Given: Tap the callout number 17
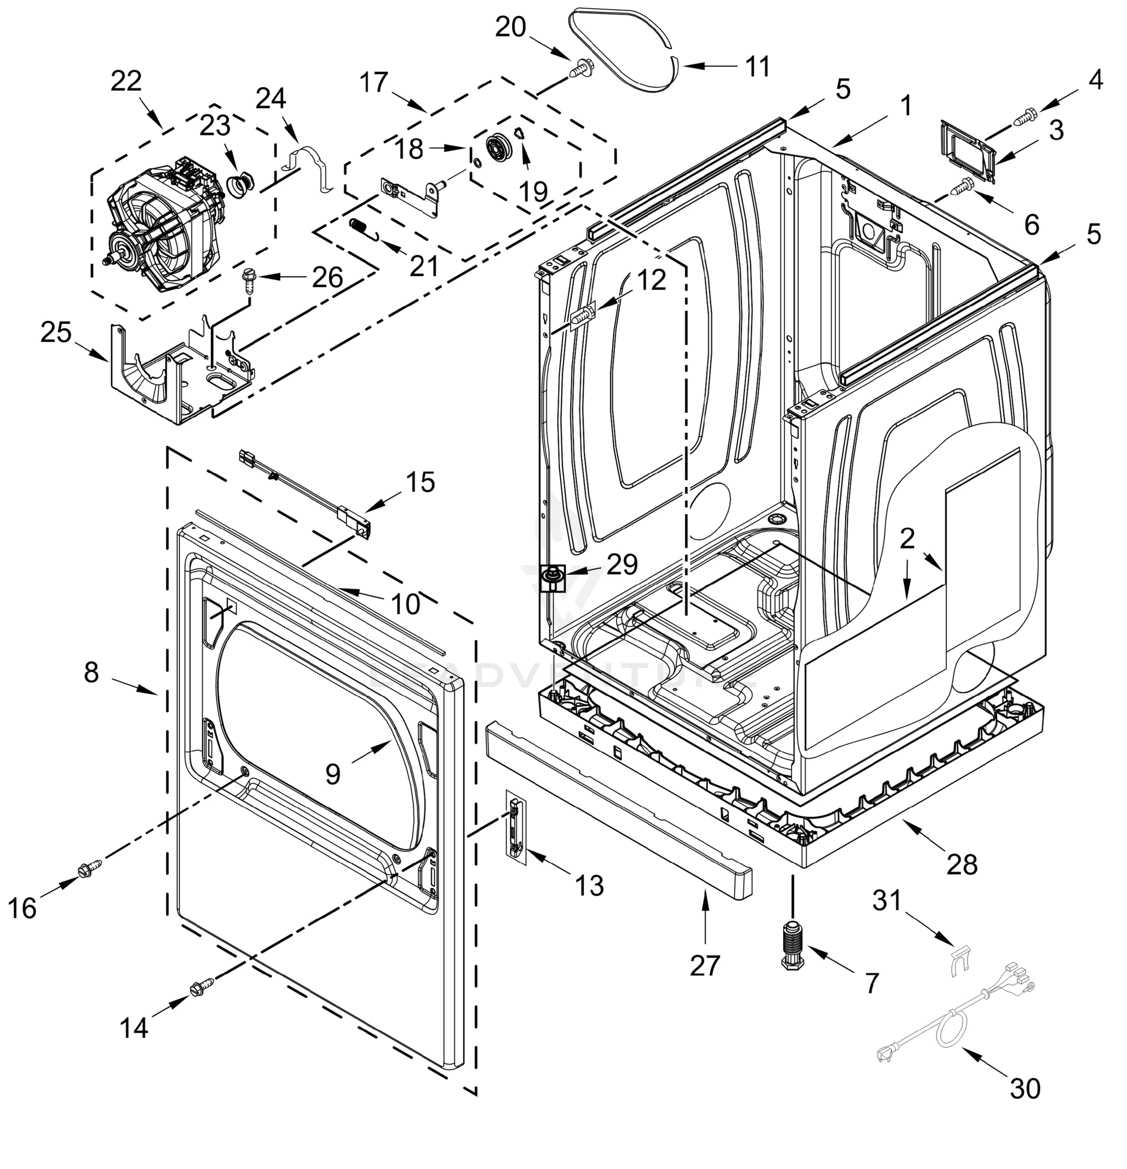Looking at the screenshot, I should click(x=374, y=82).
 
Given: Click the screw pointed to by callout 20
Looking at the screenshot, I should click(x=579, y=67).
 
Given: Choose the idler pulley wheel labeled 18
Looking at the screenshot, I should click(x=497, y=147).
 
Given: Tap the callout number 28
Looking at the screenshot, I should click(x=962, y=863).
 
